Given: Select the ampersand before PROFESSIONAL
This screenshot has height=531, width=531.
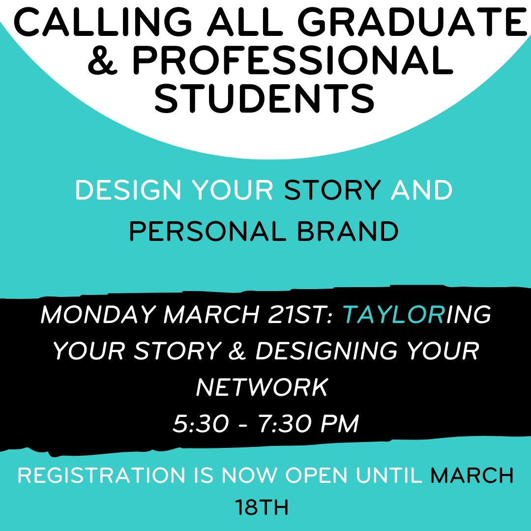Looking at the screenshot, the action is (x=103, y=60).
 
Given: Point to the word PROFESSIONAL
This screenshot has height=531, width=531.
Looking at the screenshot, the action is (x=292, y=60).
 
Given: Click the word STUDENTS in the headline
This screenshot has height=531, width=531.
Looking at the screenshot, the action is (x=265, y=98).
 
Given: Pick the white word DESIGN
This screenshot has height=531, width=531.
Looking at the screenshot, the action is (x=128, y=190).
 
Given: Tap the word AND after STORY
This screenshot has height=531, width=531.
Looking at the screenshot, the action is (x=421, y=190).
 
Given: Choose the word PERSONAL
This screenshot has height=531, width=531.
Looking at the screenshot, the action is (x=207, y=232).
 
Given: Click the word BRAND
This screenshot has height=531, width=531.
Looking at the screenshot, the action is (x=348, y=232).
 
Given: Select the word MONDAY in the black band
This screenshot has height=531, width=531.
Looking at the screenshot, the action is (x=98, y=315).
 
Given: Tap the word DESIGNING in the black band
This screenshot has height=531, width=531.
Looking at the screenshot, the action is (x=326, y=351).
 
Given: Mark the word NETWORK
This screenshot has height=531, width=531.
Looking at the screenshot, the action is (x=262, y=387).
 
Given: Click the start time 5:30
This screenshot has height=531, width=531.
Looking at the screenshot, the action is (x=201, y=423).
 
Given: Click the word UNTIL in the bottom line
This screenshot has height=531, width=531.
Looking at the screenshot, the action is (x=389, y=475).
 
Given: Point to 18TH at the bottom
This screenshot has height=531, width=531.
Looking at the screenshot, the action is (x=262, y=507).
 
